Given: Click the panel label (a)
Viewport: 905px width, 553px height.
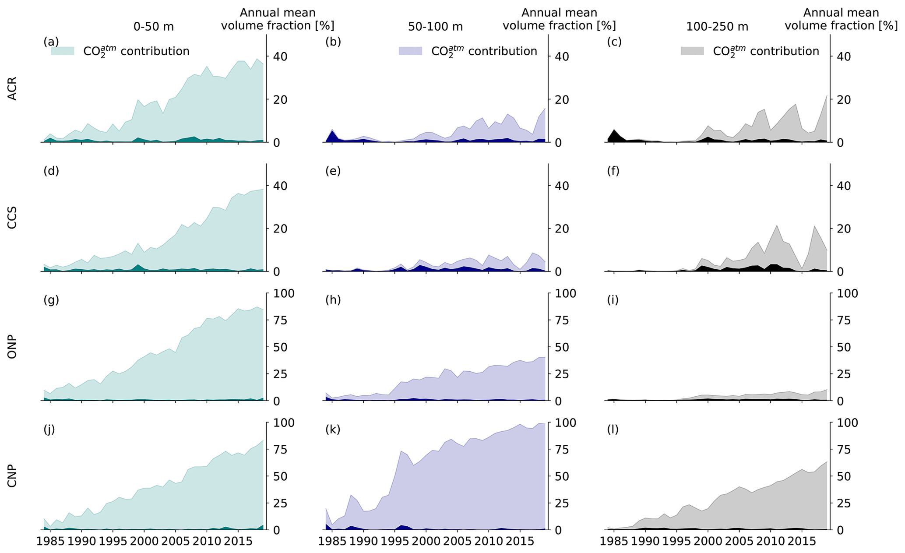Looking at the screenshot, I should tap(51, 42).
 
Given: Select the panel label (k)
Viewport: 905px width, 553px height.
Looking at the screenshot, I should tap(333, 430).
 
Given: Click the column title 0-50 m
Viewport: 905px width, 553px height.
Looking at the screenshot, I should tap(154, 27).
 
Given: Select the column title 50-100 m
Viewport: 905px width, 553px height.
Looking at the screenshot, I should tap(435, 27).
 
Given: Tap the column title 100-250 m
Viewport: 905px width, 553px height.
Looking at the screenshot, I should tap(717, 27).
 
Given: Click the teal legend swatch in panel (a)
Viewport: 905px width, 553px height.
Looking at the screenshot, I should tap(63, 51).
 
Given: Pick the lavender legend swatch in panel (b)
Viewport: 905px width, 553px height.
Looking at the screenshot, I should tap(410, 51).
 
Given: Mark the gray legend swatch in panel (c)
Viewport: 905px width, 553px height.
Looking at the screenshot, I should tap(692, 51).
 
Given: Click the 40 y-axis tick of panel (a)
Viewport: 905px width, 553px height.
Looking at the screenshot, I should tap(281, 56).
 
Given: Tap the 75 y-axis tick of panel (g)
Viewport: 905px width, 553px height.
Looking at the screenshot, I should tap(281, 321).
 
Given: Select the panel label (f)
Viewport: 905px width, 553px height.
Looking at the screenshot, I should tap(613, 171).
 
